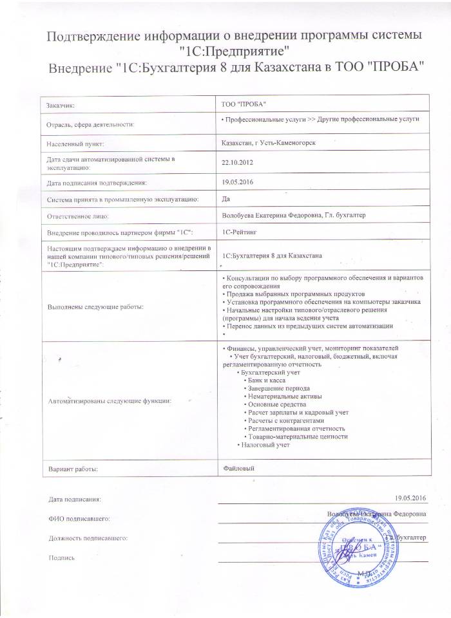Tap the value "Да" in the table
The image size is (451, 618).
click(x=225, y=199)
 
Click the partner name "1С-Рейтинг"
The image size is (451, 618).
click(x=238, y=230)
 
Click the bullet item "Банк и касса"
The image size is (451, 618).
click(x=267, y=381)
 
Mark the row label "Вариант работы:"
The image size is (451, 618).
click(x=73, y=469)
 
